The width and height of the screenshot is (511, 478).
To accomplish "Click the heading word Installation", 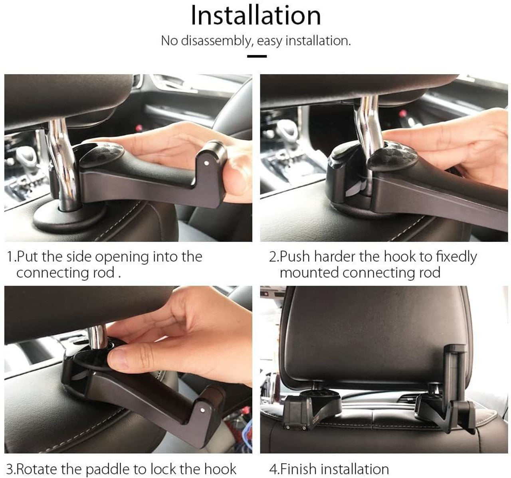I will point(255,16).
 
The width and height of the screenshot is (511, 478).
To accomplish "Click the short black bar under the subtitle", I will point(257,56).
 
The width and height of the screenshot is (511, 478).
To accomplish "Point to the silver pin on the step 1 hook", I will point(205,163).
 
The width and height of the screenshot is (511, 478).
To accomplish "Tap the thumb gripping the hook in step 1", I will point(236,178).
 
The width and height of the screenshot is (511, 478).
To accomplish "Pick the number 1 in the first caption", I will point(10,257).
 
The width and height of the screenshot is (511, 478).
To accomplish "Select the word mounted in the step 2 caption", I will point(309,273).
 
